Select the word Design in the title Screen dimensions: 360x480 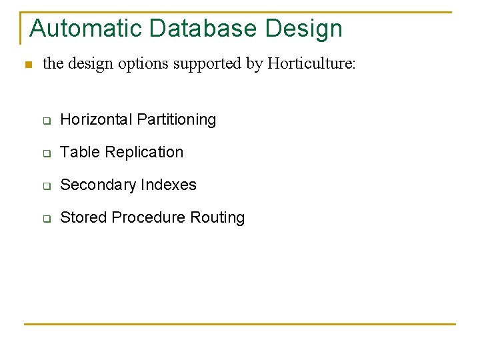click(x=304, y=29)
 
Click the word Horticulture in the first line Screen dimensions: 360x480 click(x=311, y=64)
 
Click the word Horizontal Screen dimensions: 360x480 click(x=96, y=120)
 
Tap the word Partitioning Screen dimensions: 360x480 click(x=176, y=120)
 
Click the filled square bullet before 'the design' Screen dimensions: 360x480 click(x=27, y=65)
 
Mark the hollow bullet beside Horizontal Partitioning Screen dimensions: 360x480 click(x=47, y=121)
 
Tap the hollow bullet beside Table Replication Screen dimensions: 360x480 click(x=47, y=153)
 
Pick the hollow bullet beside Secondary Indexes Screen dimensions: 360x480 click(x=47, y=186)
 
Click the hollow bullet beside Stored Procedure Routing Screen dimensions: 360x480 click(x=47, y=219)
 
